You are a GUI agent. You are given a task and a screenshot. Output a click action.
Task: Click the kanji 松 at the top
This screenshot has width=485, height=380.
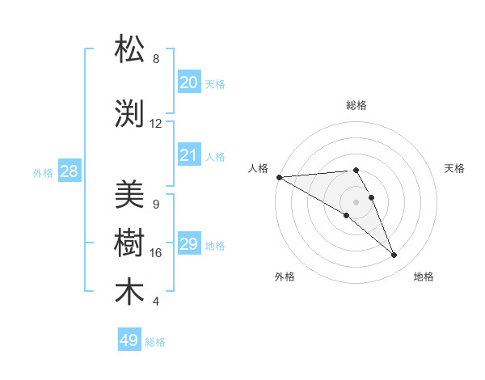130,49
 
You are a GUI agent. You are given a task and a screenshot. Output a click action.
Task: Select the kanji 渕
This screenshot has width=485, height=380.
130,114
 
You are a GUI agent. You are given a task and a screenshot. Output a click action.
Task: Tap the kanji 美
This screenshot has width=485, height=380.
130,195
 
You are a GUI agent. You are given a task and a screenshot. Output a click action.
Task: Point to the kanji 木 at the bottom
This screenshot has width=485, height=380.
130,292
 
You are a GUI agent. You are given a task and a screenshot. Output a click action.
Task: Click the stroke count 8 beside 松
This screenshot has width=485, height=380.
156,59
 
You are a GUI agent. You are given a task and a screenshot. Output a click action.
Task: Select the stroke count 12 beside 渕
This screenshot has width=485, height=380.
156,124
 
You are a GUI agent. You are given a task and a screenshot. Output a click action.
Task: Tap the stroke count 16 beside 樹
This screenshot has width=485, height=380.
156,253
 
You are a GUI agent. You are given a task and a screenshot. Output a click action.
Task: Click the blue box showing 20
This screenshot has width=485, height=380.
188,82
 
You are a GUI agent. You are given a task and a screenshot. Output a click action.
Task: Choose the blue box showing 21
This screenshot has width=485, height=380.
188,155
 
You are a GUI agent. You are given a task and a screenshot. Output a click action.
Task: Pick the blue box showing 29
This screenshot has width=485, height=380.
188,244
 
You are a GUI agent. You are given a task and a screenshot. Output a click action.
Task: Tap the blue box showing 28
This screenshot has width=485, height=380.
69,171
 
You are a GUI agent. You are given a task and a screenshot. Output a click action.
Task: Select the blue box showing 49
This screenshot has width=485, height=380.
129,340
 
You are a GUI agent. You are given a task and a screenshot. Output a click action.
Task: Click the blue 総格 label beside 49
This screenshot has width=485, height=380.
155,342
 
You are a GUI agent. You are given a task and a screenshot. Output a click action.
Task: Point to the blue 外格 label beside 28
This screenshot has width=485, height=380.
43,173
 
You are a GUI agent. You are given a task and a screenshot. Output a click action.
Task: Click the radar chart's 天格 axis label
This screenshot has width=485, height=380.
455,168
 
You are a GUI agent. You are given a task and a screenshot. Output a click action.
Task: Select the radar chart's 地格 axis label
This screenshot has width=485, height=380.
424,277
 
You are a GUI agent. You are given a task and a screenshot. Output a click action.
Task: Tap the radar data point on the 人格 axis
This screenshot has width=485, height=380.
279,177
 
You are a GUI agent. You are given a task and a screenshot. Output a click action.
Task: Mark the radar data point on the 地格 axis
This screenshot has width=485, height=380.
394,255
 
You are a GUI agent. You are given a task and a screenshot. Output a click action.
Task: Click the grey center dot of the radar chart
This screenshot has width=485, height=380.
356,201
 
